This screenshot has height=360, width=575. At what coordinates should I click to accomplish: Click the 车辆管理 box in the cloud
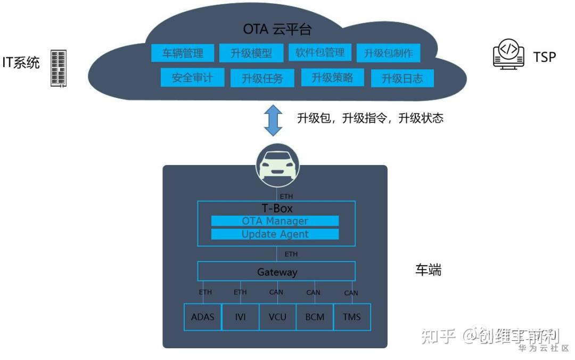point(183,53)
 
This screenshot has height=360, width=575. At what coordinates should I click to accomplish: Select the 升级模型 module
point(251,53)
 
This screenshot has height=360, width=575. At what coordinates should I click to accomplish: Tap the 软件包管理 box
point(320,53)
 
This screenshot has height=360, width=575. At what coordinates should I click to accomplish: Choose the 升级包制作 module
point(389,53)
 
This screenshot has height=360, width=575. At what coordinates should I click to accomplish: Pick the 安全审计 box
point(192,78)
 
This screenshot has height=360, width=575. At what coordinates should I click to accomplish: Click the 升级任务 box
point(262,78)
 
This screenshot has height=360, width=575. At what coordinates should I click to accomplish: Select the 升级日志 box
point(402,78)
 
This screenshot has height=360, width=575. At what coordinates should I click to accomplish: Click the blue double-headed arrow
point(274,120)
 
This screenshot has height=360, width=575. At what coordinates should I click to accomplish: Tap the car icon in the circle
point(277,165)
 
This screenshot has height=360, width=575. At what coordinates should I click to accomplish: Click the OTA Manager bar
point(275,221)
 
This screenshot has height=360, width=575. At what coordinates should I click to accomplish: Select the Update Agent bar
point(275,234)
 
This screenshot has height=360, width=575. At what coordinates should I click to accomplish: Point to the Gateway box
point(276,272)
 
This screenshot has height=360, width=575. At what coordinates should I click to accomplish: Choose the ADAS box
point(202,317)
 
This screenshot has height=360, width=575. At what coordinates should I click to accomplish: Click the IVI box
point(240,317)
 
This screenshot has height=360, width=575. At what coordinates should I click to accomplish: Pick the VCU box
point(277,317)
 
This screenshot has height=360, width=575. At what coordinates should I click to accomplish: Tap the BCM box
point(315,317)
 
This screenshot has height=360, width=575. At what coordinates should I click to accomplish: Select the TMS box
point(352,317)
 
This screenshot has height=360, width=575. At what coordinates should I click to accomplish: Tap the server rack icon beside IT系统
point(59,68)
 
